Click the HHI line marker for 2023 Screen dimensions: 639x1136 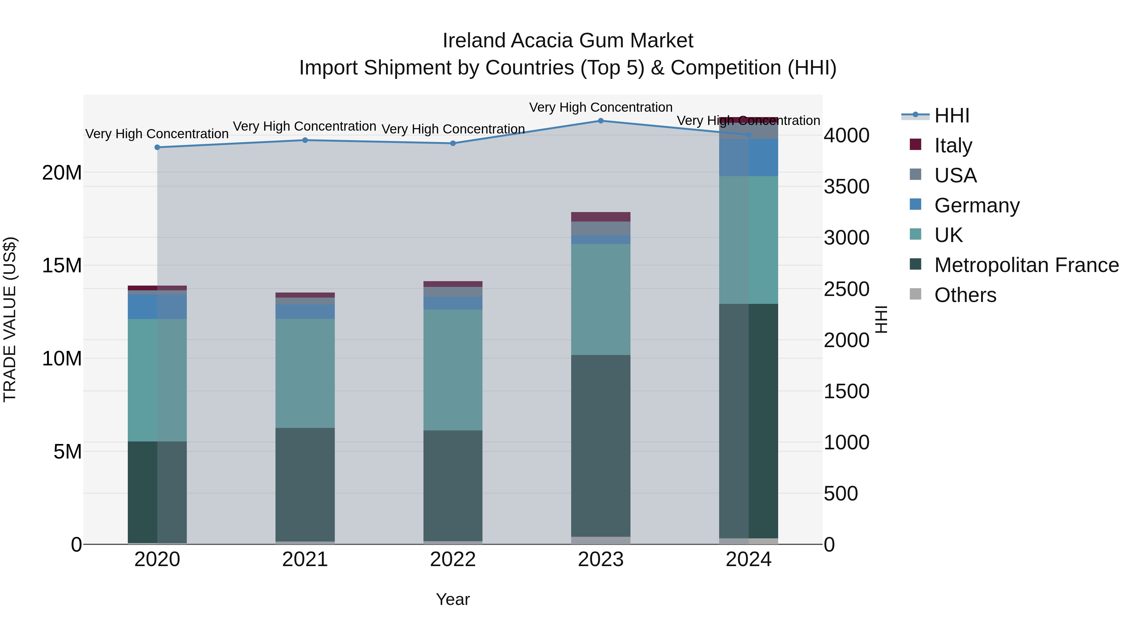[601, 121]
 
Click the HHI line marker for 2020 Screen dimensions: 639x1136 [157, 147]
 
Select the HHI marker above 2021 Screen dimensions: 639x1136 [305, 140]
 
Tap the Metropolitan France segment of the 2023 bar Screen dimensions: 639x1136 [601, 445]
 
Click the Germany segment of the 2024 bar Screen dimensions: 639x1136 [748, 157]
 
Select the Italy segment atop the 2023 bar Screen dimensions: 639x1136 [601, 216]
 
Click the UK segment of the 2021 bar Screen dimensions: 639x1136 [305, 373]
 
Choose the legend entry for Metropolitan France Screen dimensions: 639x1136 [1026, 265]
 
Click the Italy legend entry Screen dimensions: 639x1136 [953, 145]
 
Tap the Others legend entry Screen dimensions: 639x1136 [965, 295]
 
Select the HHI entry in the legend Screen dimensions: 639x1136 [952, 115]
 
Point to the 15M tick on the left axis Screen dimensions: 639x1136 [62, 265]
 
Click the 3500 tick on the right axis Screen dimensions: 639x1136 [846, 186]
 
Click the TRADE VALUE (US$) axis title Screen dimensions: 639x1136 [10, 319]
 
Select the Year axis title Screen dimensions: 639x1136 [453, 599]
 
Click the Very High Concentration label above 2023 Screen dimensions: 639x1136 [601, 107]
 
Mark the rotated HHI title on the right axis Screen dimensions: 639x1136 [881, 319]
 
